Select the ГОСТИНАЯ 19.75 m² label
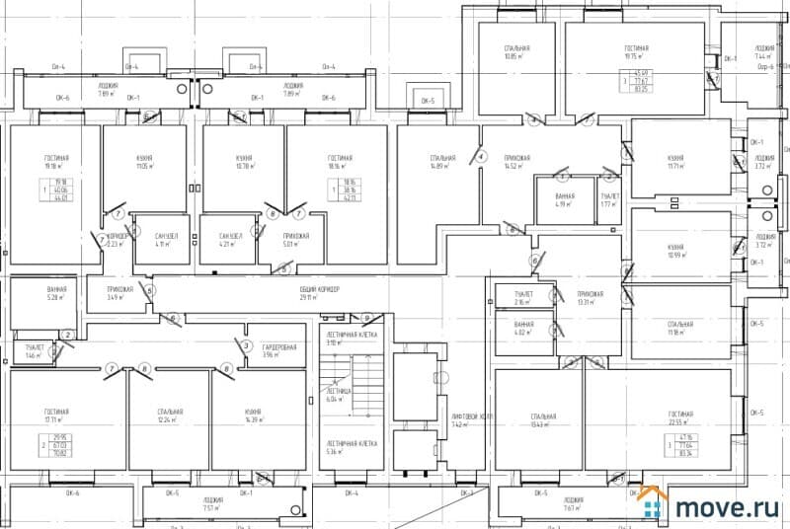click(637, 51)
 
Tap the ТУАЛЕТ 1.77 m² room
click(609, 200)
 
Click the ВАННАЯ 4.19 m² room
click(565, 200)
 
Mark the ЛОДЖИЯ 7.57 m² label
click(213, 505)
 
